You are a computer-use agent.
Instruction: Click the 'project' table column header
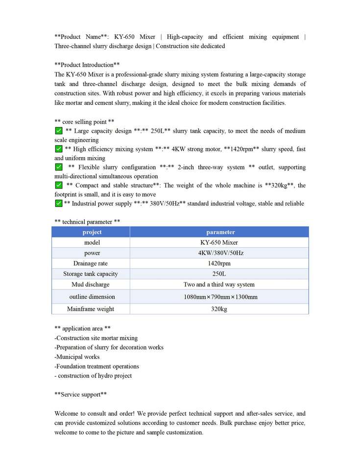[92, 232]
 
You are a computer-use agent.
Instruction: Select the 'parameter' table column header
[220, 232]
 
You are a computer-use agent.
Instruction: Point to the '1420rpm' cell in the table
[219, 263]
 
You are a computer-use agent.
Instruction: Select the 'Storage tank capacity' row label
[91, 274]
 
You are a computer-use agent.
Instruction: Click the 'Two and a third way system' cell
[219, 284]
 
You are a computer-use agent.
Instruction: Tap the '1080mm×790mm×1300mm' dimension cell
[219, 297]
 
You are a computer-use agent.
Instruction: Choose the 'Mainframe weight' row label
[91, 309]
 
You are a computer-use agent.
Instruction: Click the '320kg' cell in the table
[219, 309]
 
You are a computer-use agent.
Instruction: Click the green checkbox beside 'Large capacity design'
[59, 131]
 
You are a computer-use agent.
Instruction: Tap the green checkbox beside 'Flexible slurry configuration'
[59, 167]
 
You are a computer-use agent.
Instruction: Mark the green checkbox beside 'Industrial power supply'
[59, 203]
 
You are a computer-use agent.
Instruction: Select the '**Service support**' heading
[80, 395]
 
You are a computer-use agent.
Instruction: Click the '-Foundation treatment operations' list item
[96, 366]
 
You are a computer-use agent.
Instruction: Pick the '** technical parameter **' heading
[87, 222]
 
